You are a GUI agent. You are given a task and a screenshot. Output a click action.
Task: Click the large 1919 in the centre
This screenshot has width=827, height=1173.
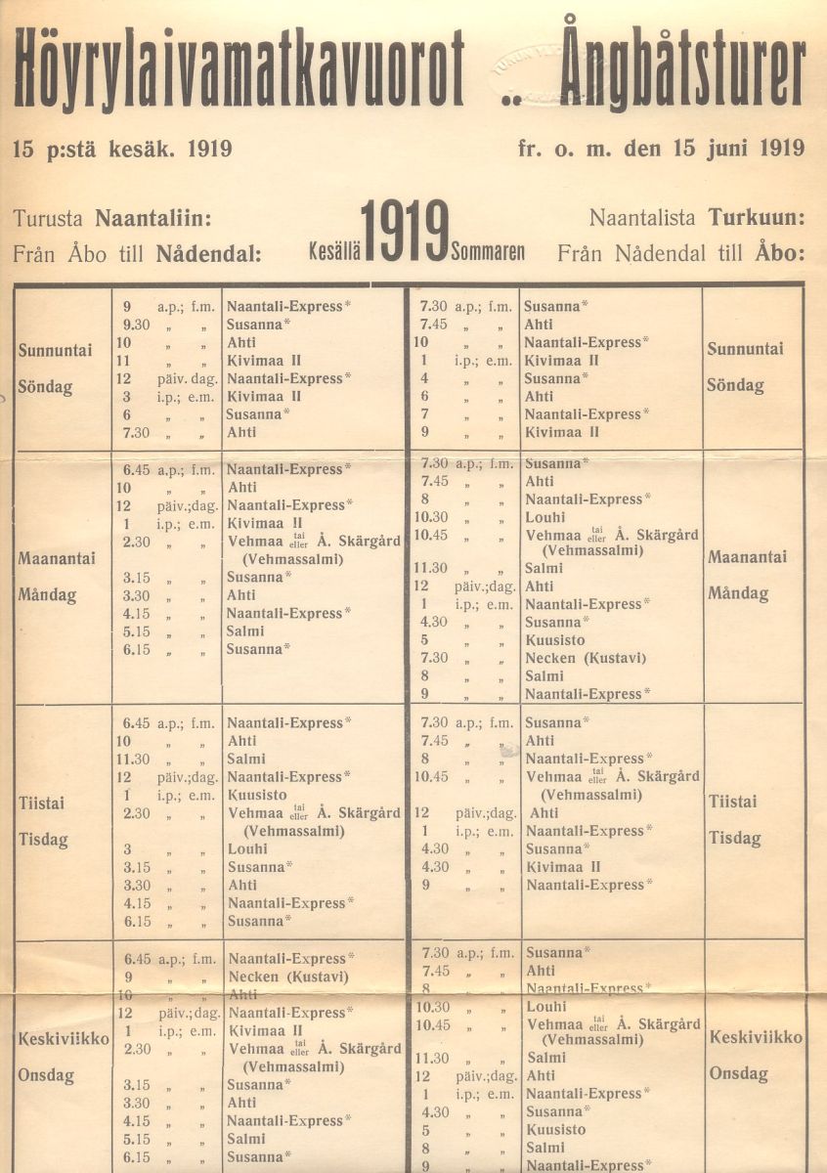click(405, 234)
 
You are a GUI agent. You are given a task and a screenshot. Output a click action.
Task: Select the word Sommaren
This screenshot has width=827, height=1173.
click(487, 251)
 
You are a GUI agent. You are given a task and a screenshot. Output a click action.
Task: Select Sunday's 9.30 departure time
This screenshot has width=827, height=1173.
click(136, 324)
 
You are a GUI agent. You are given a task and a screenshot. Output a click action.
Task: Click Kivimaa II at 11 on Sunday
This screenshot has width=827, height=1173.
click(263, 360)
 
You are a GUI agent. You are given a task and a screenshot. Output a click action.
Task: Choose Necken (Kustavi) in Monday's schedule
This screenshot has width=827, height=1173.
click(585, 658)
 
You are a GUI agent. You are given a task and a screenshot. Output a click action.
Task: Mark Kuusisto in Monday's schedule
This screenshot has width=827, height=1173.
click(555, 640)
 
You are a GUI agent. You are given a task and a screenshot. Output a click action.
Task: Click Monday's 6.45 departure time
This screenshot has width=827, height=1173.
click(137, 469)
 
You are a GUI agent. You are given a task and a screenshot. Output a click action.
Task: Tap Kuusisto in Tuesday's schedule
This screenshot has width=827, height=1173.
click(257, 795)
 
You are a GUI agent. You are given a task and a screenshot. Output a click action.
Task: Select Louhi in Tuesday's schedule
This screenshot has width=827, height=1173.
click(247, 848)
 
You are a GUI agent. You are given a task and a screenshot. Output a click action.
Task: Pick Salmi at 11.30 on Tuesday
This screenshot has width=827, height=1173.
click(246, 759)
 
